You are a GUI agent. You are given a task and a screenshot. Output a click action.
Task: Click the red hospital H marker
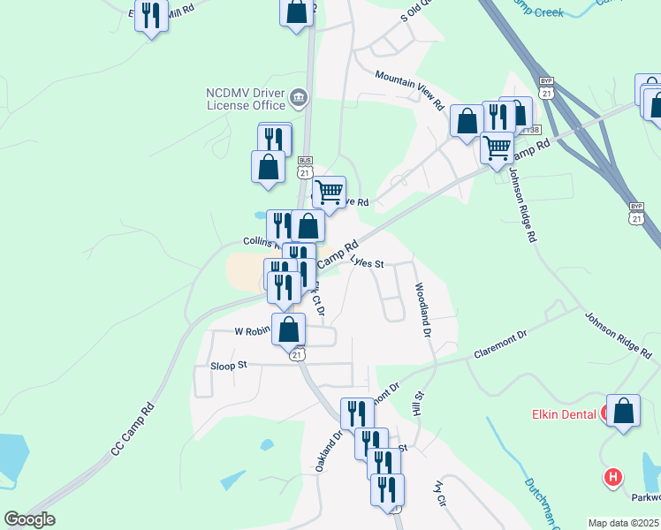[612, 478]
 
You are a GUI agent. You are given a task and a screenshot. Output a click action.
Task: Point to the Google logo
[29, 519]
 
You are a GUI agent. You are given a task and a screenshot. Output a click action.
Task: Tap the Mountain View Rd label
[409, 89]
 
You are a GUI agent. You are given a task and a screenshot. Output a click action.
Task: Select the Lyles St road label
[367, 262]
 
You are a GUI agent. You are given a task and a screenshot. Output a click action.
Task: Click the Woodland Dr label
[422, 310]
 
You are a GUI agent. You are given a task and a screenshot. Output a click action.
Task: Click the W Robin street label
[251, 331]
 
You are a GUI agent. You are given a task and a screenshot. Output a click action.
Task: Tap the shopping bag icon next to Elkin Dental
[624, 412]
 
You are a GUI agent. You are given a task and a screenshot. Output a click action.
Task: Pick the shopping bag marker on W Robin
[288, 329]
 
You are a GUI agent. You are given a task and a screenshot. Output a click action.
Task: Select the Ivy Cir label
[438, 492]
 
